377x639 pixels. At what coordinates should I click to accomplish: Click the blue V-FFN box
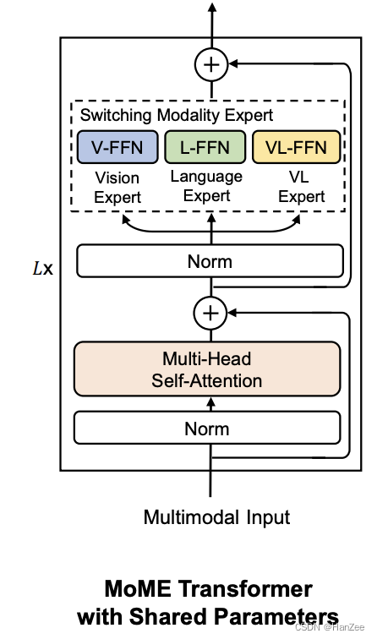click(116, 147)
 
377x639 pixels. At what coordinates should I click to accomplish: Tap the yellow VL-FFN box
click(296, 147)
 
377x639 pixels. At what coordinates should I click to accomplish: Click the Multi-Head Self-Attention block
click(207, 369)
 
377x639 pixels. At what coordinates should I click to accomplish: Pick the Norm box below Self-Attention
click(207, 429)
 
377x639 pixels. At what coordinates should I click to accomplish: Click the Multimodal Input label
click(216, 517)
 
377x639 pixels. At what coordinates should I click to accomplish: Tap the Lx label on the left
click(41, 270)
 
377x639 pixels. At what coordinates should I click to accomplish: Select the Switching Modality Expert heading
click(177, 115)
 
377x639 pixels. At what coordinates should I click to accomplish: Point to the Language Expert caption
click(206, 185)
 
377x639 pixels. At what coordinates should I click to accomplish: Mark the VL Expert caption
click(301, 188)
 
